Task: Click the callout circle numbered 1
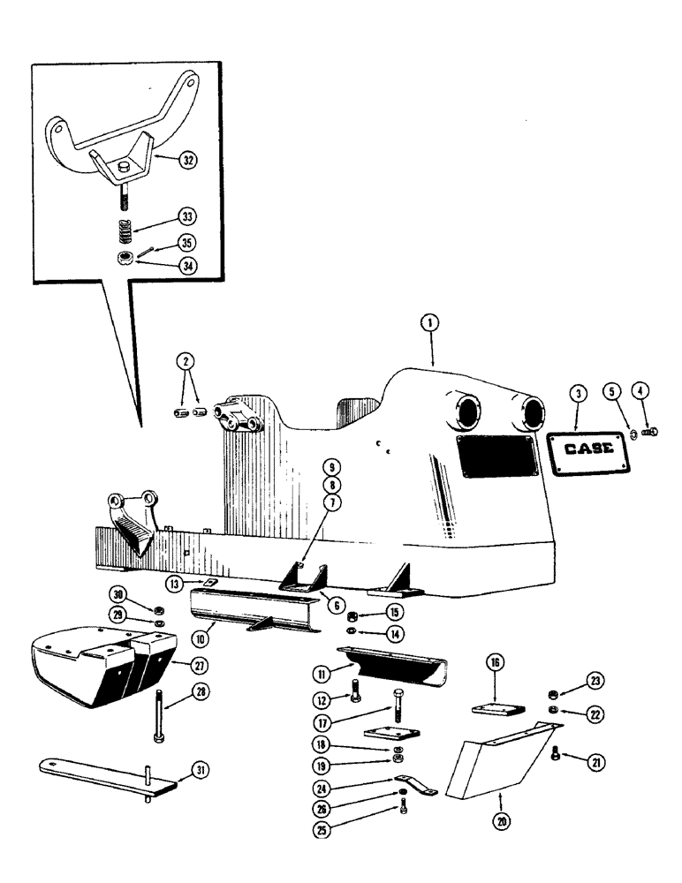pos(429,325)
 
